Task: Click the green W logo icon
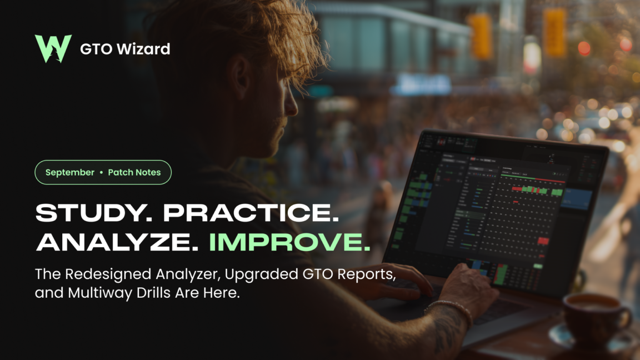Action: click(x=53, y=48)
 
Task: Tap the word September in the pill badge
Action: click(x=69, y=172)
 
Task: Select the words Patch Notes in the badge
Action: click(x=134, y=172)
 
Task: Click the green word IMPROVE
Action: click(x=289, y=242)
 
